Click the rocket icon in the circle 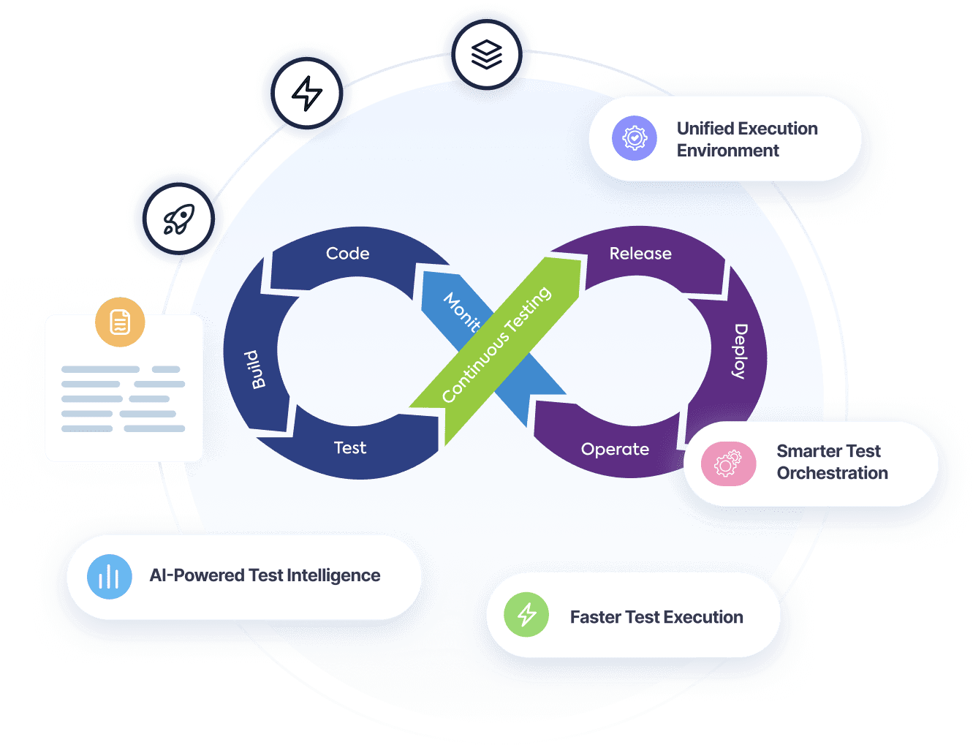179,219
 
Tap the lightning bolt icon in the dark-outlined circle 307,94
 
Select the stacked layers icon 487,55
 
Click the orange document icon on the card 120,322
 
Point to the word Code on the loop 347,254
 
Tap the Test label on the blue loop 349,447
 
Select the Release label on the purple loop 640,254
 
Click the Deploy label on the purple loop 740,351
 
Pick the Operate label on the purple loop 615,449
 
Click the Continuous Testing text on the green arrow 496,344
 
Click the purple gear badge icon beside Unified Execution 635,138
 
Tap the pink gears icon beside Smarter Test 727,464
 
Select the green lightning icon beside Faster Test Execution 526,615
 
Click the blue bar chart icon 109,577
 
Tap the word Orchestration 832,473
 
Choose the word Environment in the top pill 727,151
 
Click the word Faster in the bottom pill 595,617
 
